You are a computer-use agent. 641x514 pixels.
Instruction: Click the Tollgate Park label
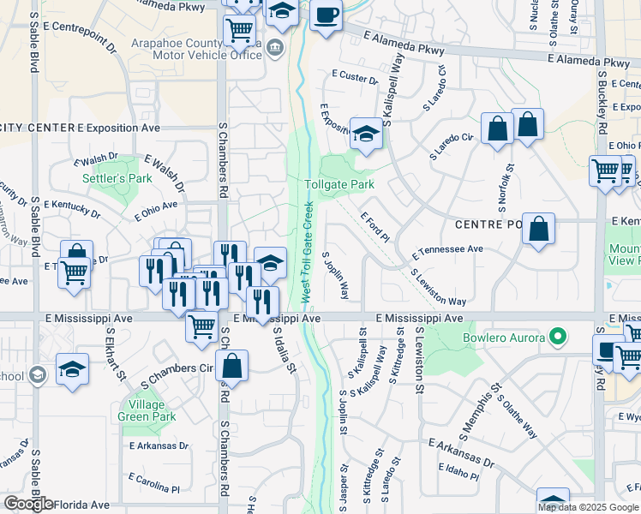(339, 184)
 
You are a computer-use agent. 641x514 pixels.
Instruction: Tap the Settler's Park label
(117, 179)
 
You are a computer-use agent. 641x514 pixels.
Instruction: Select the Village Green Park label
(152, 410)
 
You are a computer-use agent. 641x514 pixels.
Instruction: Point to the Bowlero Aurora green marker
(560, 337)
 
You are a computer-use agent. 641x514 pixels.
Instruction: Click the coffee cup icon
(326, 15)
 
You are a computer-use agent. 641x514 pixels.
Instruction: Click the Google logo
(28, 504)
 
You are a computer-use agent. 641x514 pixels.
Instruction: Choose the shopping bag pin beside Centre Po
(538, 230)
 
